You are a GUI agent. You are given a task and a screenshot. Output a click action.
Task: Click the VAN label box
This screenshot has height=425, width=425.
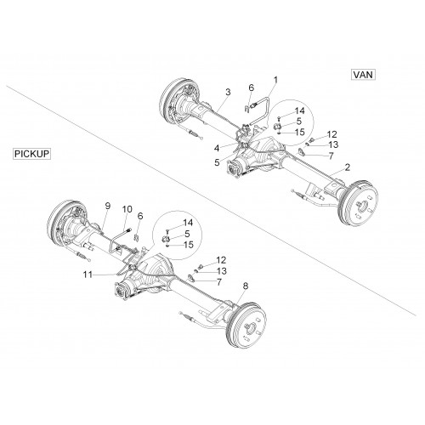click(363, 75)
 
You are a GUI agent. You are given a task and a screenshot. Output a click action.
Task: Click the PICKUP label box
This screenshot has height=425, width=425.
click(31, 154)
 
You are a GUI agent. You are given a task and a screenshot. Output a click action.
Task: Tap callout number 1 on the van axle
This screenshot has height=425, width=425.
click(275, 80)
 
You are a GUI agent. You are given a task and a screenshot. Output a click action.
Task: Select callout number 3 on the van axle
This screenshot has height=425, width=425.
click(228, 92)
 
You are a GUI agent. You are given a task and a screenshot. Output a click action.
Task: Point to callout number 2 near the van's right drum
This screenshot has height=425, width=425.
click(348, 167)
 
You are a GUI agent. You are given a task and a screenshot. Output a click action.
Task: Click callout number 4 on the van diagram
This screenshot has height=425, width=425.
click(217, 148)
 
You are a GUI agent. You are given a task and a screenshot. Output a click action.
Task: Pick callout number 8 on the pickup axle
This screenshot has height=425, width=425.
click(246, 286)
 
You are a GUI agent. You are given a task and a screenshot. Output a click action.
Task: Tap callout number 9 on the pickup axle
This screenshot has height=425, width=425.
click(108, 206)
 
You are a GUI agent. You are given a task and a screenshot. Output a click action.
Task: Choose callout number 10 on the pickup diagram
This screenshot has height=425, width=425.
click(127, 209)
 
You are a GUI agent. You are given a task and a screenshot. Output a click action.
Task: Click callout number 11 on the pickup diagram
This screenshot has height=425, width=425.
click(88, 275)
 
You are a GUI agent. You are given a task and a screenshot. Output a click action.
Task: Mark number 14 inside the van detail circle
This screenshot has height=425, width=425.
click(299, 110)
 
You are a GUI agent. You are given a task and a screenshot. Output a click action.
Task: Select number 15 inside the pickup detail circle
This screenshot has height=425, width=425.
click(189, 245)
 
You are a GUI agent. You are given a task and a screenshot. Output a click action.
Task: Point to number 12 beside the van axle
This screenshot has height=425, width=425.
click(331, 134)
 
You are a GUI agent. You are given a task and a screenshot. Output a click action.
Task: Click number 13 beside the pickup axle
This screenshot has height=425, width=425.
click(222, 271)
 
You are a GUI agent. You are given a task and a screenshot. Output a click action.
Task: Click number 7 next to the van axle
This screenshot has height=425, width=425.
click(331, 156)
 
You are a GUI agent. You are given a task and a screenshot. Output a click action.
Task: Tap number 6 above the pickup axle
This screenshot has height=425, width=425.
click(140, 216)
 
